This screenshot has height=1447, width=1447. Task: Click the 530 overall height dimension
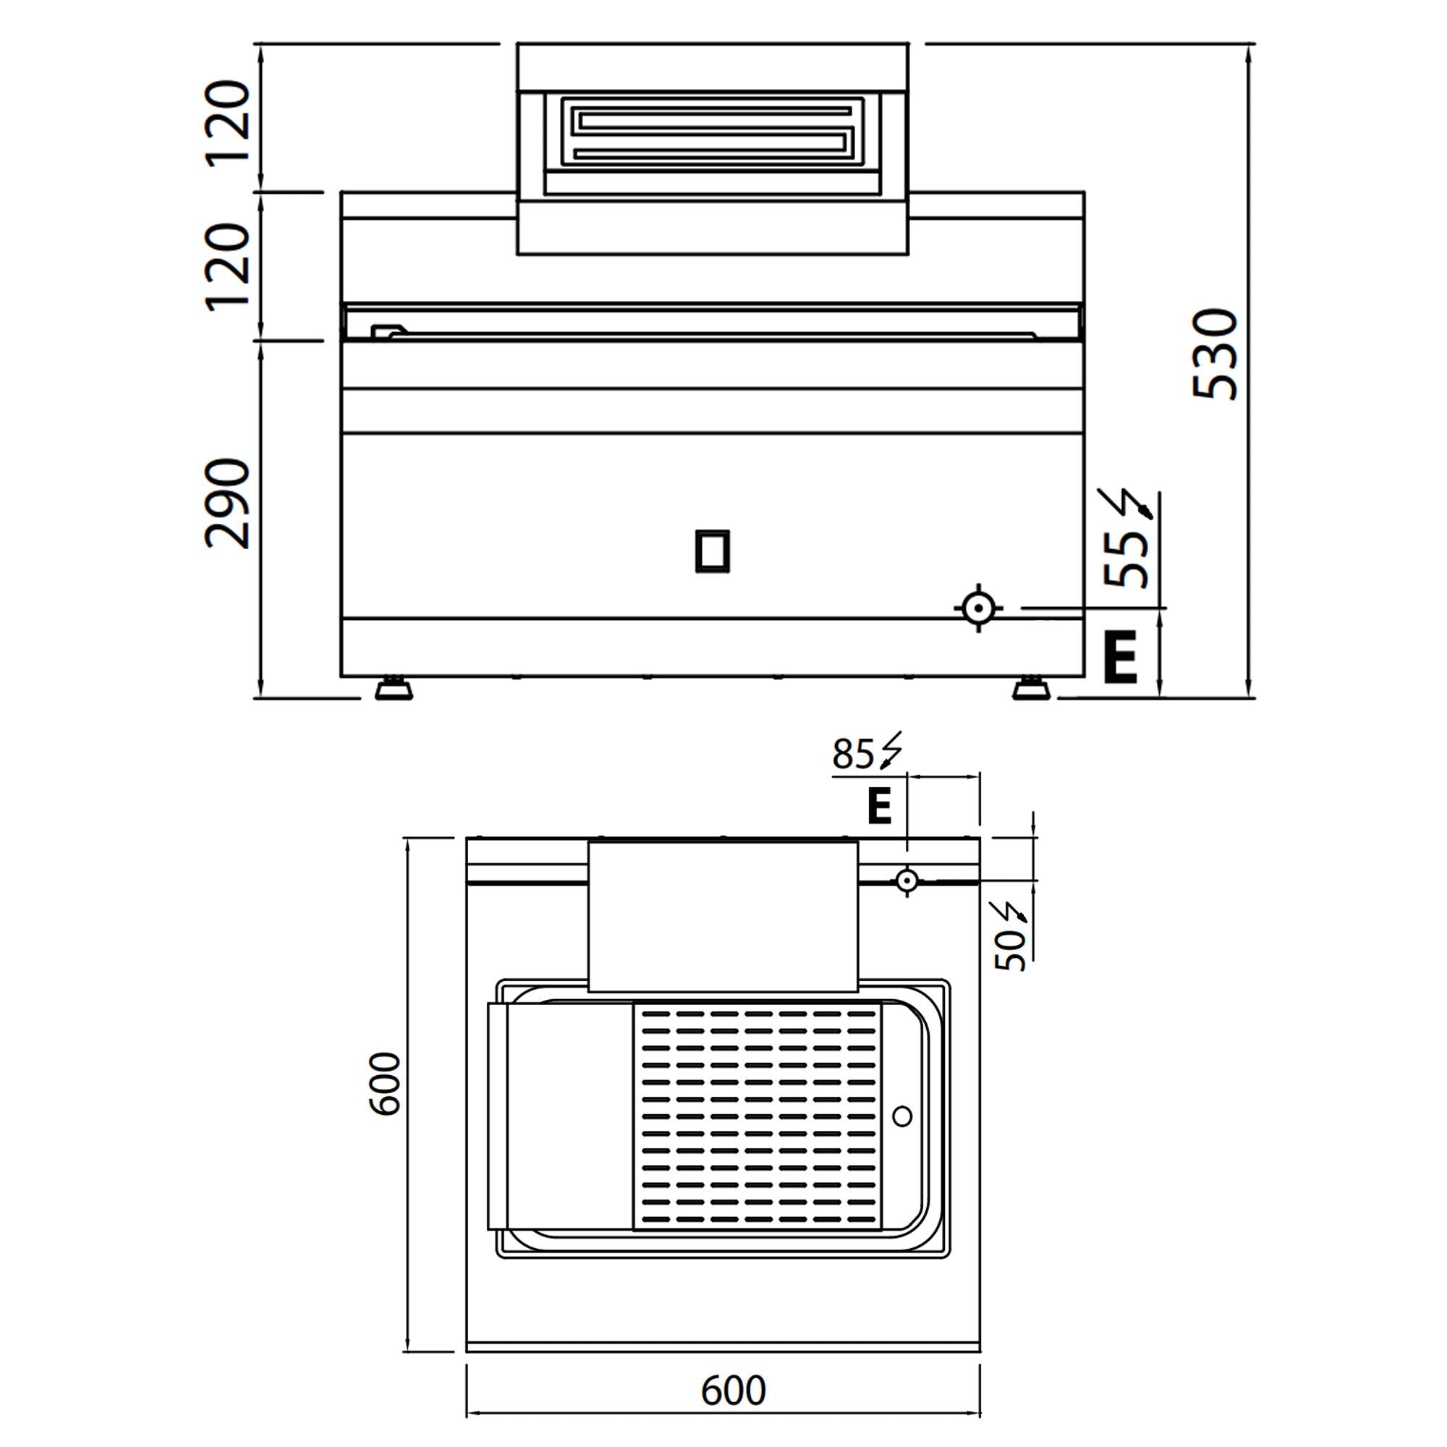pos(1215,355)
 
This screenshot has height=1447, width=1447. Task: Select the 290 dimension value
pos(227,504)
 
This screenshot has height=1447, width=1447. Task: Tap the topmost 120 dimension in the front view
pos(227,122)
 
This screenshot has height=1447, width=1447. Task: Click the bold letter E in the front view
pos(1121,657)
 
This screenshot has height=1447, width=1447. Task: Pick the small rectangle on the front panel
pos(712,551)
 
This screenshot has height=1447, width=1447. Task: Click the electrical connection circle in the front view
pos(978,608)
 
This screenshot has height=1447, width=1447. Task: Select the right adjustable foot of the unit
pos(1030,688)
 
